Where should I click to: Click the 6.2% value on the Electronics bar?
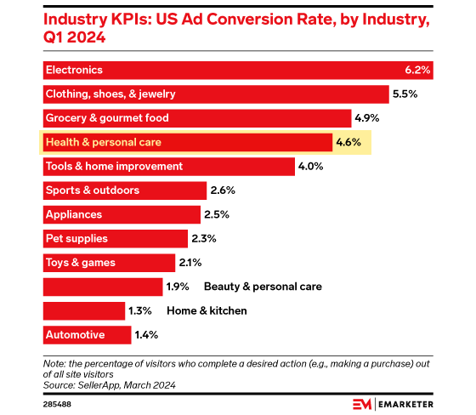tap(419, 70)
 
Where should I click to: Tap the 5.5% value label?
tap(404, 94)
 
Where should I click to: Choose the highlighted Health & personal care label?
tap(103, 142)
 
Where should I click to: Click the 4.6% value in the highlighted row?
tap(348, 142)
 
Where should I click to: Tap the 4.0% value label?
tap(310, 167)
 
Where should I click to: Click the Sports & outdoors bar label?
tap(92, 190)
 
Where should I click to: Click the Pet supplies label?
tap(76, 239)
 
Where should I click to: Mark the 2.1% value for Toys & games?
tap(189, 263)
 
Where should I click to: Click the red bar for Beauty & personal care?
tap(101, 287)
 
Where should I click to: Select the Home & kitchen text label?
tap(207, 311)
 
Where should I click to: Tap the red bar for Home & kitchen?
tap(82, 311)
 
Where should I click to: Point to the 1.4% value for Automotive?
tap(144, 335)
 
